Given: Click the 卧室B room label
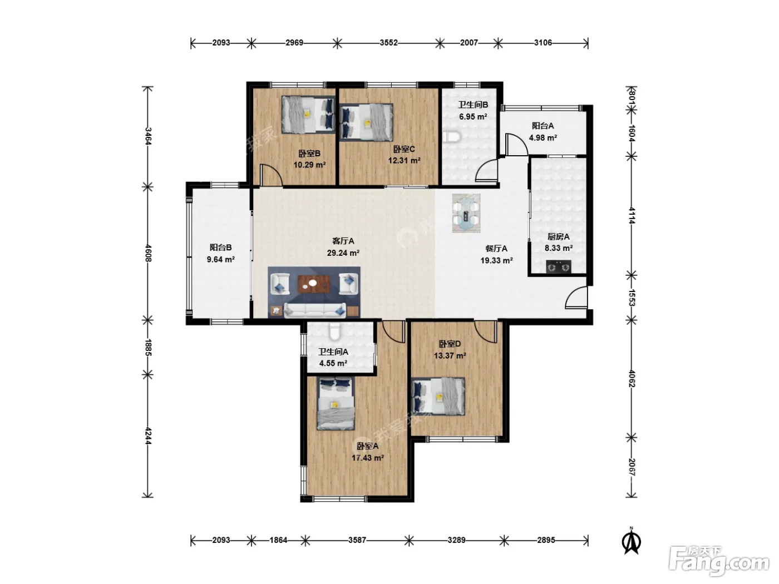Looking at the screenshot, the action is (309, 154).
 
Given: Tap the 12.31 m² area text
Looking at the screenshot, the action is (404, 161).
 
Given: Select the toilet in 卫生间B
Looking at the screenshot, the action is (452, 137).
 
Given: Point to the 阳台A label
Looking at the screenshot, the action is (543, 126).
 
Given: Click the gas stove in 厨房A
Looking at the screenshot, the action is (558, 266).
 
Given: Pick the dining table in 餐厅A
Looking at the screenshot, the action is (466, 214).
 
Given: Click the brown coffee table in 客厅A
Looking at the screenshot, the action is (314, 284).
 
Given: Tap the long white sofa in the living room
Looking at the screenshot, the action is (315, 310).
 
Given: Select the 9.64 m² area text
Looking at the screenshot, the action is (221, 260).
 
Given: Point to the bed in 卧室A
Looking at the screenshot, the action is (336, 404).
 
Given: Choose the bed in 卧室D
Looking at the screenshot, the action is (438, 396).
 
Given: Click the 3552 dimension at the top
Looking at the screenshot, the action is (388, 43).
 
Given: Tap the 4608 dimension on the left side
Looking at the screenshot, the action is (149, 253).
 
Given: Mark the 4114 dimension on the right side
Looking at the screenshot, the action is (632, 216).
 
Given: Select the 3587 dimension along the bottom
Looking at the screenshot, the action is (357, 540).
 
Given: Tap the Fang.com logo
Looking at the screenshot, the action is (719, 562).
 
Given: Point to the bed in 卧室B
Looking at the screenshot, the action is (308, 114).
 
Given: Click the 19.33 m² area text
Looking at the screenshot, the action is (496, 261).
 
